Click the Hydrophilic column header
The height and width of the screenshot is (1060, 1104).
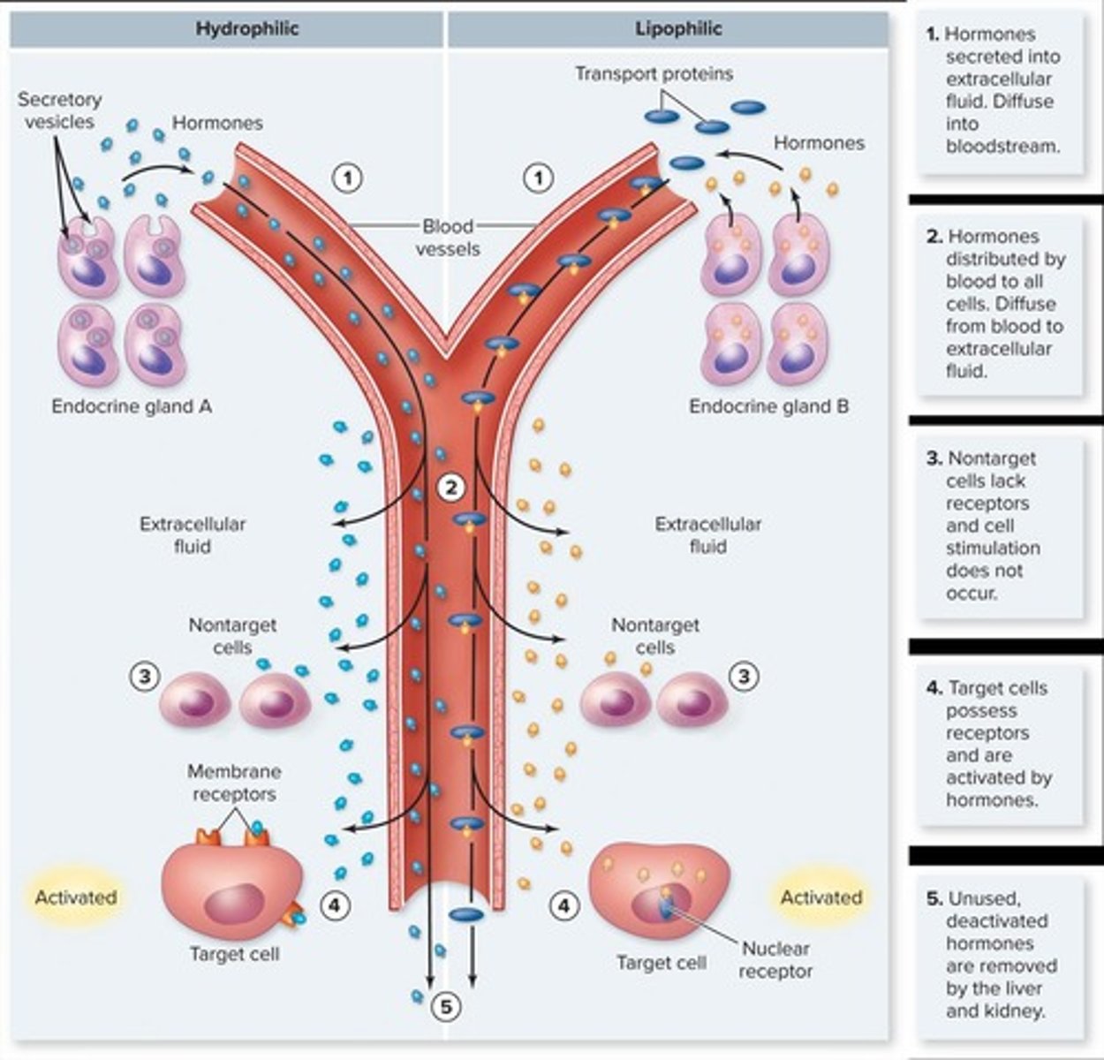[246, 29]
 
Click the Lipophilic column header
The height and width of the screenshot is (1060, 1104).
[677, 29]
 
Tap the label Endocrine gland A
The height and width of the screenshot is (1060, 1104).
[132, 406]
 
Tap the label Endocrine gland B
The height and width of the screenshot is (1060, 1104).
[768, 406]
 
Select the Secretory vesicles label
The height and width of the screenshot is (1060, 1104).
[59, 110]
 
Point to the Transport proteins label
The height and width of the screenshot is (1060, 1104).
[654, 73]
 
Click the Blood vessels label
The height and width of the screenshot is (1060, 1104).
[448, 238]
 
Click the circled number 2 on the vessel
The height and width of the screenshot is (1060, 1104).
[451, 487]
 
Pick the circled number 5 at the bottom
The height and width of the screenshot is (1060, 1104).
[447, 1006]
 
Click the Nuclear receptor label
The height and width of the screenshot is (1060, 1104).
[775, 960]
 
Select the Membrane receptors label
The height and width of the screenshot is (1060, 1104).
[234, 783]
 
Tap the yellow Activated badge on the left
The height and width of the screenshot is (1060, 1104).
[75, 897]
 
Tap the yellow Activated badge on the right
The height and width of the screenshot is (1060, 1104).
[820, 897]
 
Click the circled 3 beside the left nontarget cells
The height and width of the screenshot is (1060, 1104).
[144, 678]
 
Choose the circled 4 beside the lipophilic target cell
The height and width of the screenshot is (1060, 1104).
[564, 905]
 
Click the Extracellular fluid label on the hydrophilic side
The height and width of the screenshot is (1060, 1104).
[192, 535]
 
